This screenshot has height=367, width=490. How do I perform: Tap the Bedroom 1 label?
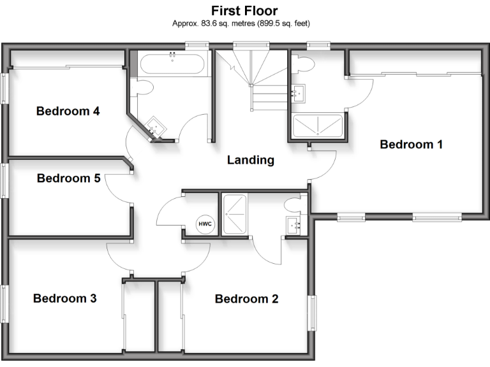411,145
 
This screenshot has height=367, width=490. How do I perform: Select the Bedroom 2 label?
246,299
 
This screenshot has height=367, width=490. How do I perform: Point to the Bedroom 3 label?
64,298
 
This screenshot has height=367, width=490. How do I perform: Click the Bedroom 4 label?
68,112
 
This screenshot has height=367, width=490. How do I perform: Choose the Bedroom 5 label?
68,178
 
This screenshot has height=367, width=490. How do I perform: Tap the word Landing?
250,161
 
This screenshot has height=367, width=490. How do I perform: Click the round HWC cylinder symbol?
205,224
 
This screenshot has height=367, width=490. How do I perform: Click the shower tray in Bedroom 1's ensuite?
317,126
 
